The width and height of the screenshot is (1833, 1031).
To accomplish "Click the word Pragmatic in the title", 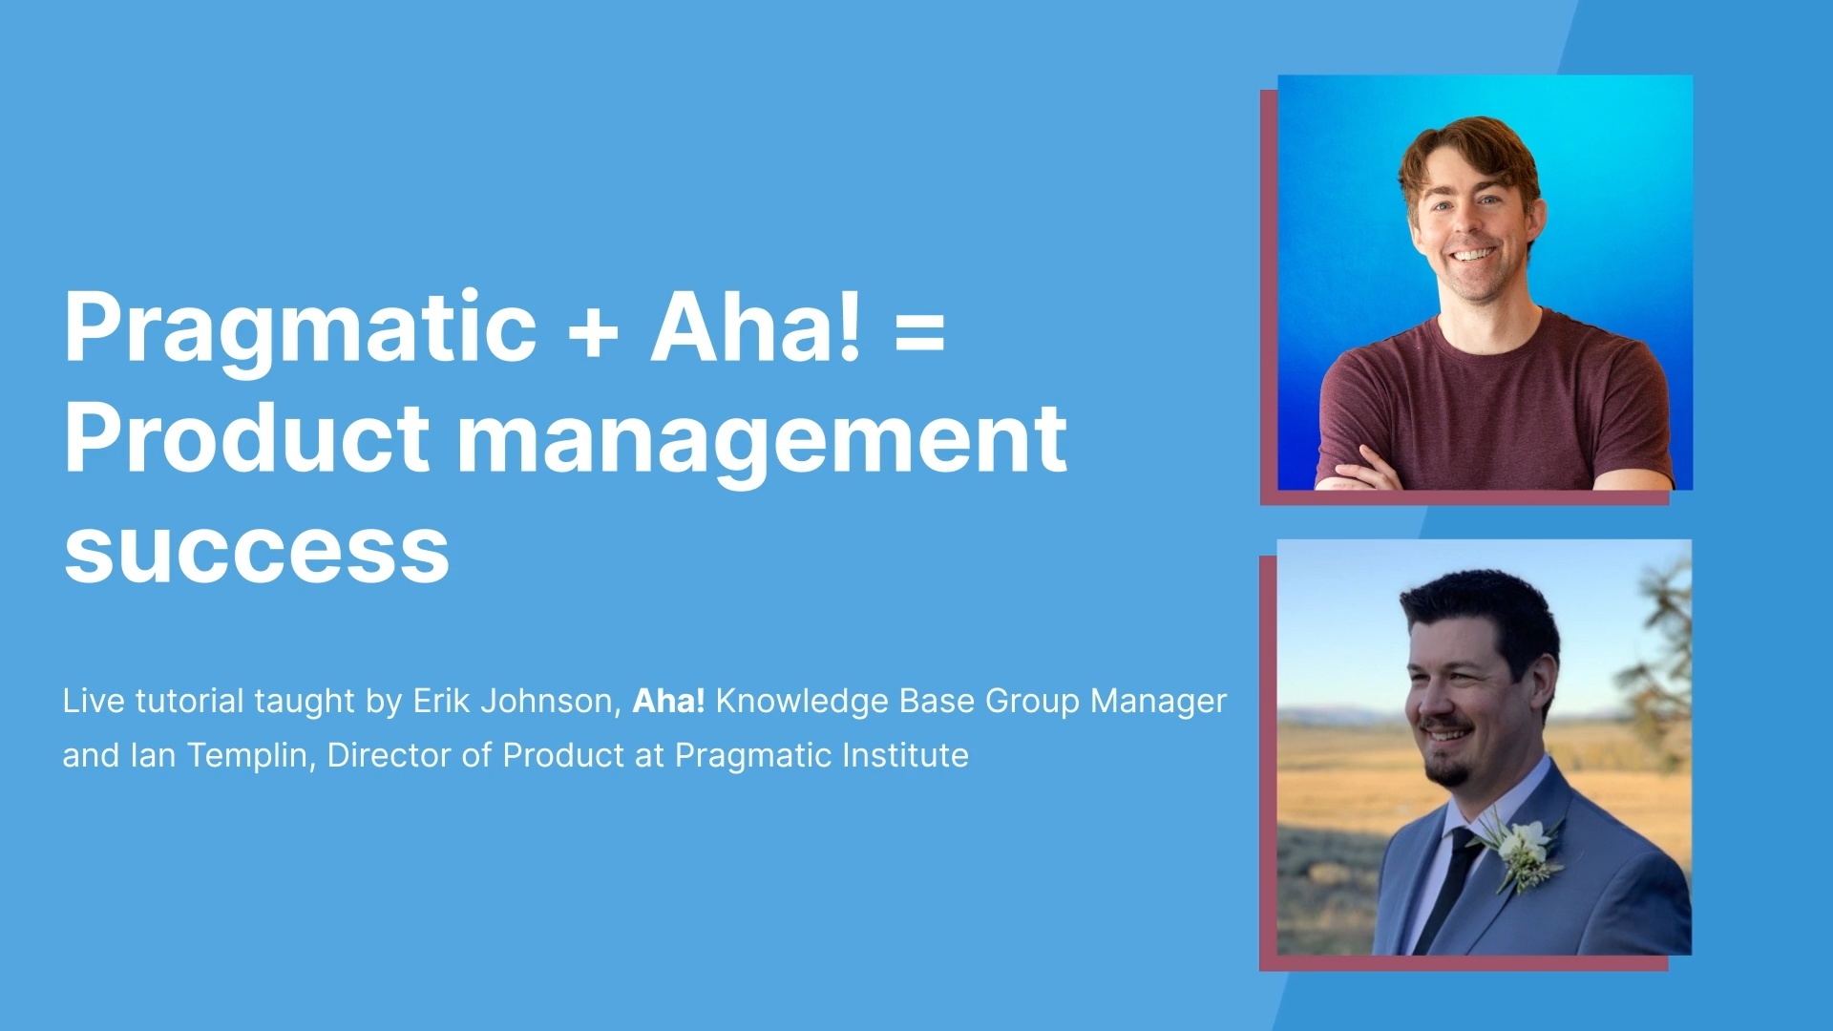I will tap(300, 329).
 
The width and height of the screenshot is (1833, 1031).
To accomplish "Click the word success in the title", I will tap(256, 552).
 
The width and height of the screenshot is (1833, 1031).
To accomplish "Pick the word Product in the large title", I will tap(246, 439).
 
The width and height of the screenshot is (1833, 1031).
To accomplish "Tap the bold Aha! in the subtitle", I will tap(668, 701).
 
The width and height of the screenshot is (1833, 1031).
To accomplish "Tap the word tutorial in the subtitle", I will tap(190, 701).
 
